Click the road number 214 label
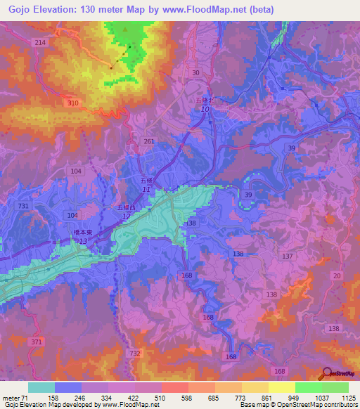coord(40,43)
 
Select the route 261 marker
coord(148,141)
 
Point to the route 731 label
coord(24,205)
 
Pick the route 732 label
coord(135,353)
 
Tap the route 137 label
coord(287,257)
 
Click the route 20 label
coord(337,275)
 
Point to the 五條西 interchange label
coord(125,208)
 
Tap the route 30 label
coord(195,73)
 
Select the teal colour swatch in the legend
coord(41,387)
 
